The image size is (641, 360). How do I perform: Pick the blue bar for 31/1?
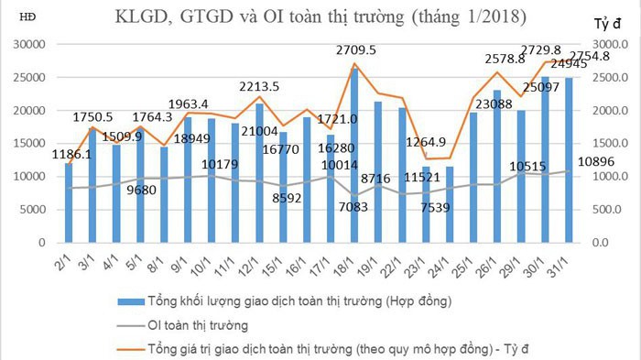(570, 160)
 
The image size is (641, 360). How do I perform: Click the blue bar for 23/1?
(427, 205)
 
